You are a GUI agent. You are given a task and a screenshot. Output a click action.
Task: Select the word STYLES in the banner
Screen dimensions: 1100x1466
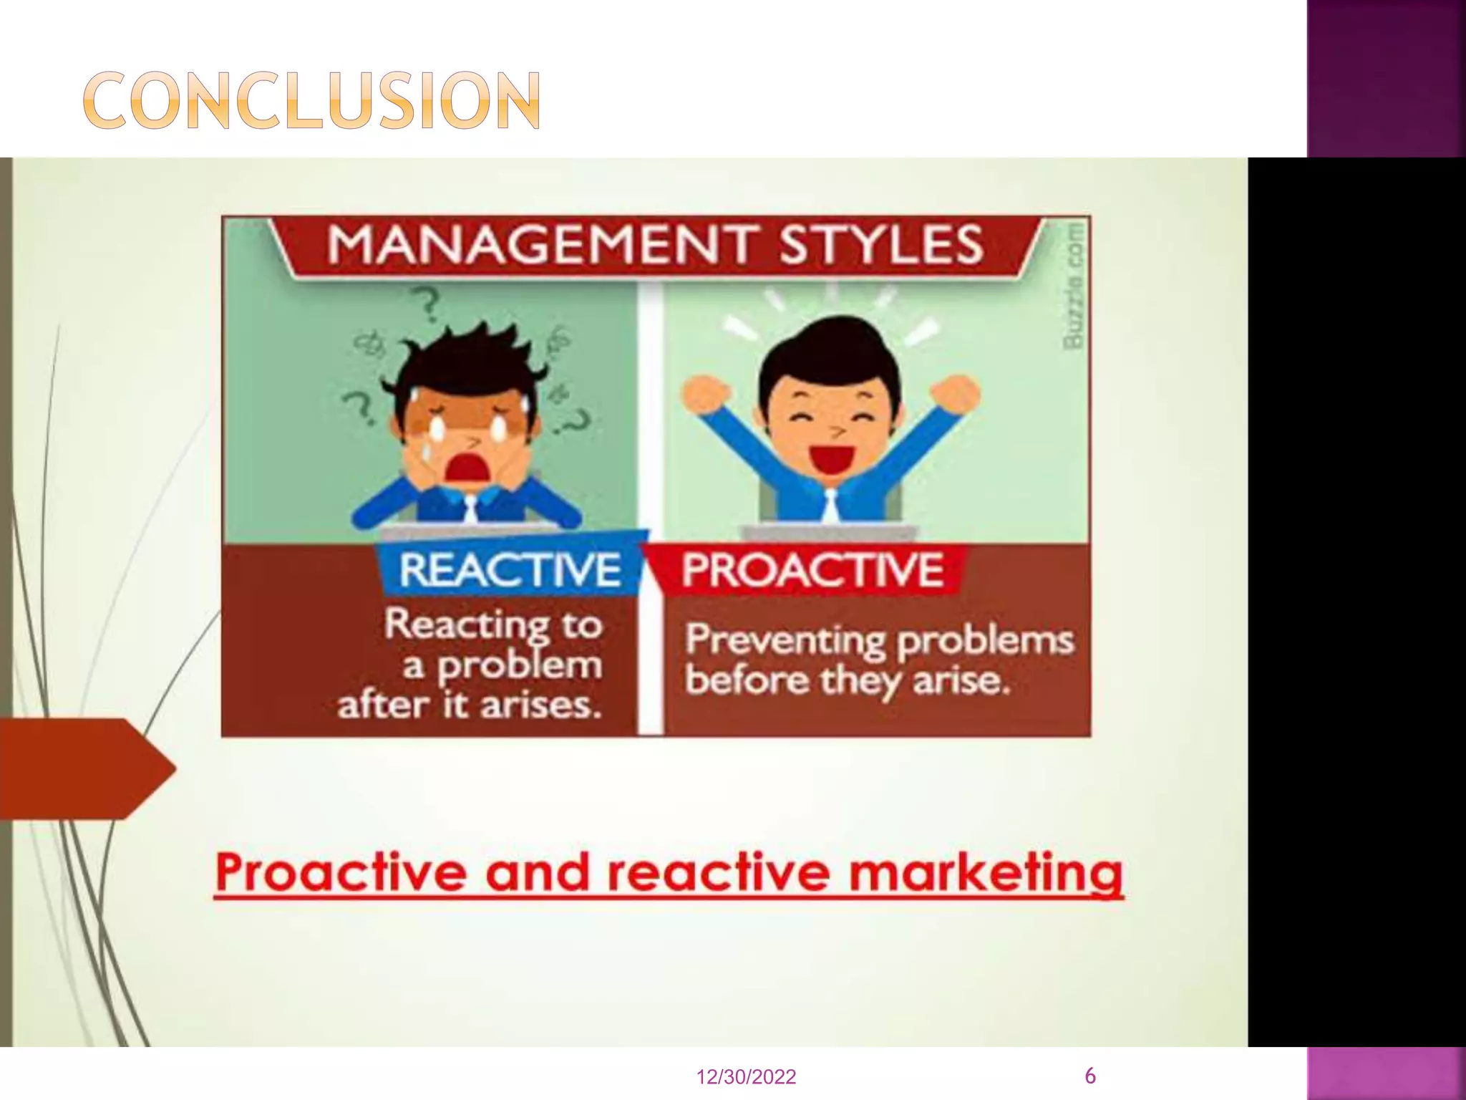tap(880, 244)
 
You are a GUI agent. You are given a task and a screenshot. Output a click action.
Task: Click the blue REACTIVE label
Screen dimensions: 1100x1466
tap(510, 570)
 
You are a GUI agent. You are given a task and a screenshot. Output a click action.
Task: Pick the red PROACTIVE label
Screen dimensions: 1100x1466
tap(812, 570)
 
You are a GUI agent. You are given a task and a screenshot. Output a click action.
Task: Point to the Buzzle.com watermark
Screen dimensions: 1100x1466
tap(1073, 286)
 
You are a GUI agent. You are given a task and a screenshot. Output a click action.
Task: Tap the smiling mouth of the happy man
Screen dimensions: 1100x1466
tap(832, 458)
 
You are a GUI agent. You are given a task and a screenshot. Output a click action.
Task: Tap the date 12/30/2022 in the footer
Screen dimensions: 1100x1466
tap(746, 1077)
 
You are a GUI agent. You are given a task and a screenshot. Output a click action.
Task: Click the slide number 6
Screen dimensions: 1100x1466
tap(1090, 1075)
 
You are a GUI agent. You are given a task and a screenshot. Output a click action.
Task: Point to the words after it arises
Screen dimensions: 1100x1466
tap(469, 705)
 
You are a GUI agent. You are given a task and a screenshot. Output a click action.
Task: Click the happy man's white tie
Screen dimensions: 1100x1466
tap(830, 505)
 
